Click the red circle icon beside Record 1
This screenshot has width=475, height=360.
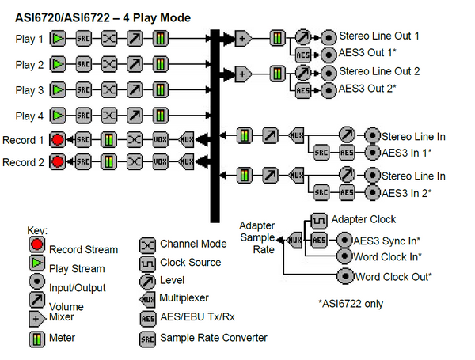pyautogui.click(x=58, y=140)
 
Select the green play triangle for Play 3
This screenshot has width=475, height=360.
pyautogui.click(x=58, y=90)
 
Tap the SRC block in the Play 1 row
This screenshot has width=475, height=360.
pyautogui.click(x=84, y=37)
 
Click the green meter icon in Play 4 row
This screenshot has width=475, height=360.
pyautogui.click(x=161, y=116)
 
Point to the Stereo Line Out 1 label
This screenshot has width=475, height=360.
pyautogui.click(x=379, y=36)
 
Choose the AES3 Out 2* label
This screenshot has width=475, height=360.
pyautogui.click(x=372, y=89)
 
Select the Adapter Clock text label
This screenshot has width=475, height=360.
pyautogui.click(x=363, y=219)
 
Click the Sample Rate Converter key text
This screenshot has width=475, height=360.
pyautogui.click(x=214, y=338)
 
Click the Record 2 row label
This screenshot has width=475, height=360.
pyautogui.click(x=22, y=162)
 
